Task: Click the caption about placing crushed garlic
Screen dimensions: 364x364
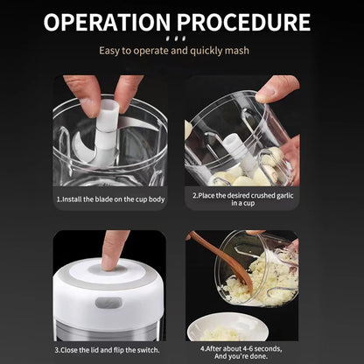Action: pos(243,200)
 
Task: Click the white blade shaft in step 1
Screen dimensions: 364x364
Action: pos(103,136)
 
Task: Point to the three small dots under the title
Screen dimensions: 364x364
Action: pos(183,38)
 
